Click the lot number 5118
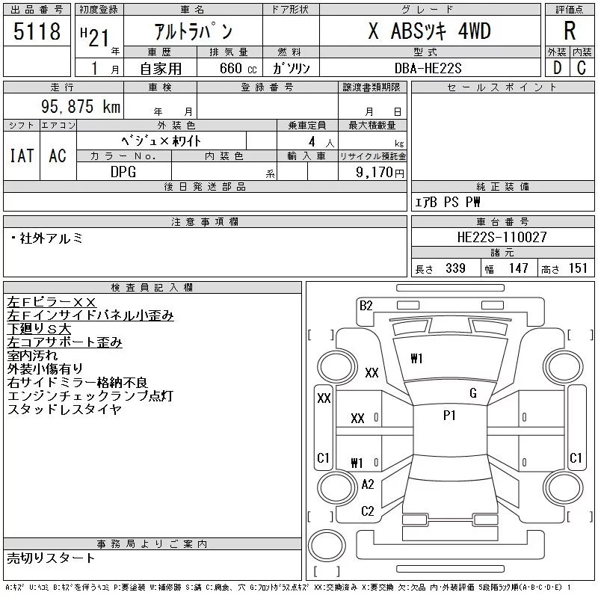[37, 31]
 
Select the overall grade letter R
[570, 31]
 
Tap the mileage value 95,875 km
[81, 106]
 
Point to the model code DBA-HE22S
[428, 68]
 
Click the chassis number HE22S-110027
[502, 237]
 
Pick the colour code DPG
[123, 172]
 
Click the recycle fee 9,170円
[380, 173]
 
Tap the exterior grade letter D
[557, 68]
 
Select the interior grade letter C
[582, 68]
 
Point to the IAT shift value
[22, 155]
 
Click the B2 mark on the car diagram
[366, 306]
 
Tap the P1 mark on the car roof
[449, 416]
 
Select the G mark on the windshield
[473, 393]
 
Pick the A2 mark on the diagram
[368, 484]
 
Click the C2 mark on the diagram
[368, 511]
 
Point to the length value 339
[455, 268]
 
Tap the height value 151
[578, 268]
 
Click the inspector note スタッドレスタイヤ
[64, 409]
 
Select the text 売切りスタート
[51, 558]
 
